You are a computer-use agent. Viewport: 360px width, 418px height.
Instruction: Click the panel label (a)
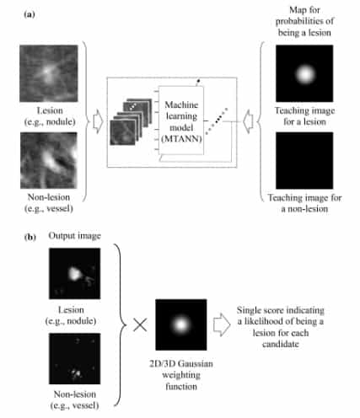click(x=30, y=14)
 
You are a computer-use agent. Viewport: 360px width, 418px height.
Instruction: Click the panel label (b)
click(x=30, y=238)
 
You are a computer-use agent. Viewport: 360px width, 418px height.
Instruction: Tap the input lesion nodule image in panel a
click(x=49, y=73)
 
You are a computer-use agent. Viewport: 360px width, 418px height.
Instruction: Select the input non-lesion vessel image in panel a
click(x=49, y=160)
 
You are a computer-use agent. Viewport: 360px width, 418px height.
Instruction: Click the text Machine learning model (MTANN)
click(x=181, y=121)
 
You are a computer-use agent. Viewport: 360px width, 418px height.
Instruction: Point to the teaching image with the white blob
click(x=304, y=73)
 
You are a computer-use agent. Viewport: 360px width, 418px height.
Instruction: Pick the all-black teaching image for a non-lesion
click(x=304, y=160)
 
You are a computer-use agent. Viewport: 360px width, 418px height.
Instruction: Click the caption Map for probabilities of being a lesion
click(x=304, y=21)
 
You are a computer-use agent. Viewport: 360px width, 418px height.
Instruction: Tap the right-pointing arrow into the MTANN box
click(x=98, y=121)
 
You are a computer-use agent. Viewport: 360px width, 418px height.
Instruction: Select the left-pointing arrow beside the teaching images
click(x=248, y=121)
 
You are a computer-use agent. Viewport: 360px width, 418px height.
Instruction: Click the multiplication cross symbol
click(x=140, y=324)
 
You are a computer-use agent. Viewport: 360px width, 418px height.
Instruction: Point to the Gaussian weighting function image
click(x=181, y=324)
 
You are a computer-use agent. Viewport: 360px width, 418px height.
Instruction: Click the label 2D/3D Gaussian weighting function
click(x=181, y=375)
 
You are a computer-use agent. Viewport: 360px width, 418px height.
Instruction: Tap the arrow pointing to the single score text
click(x=222, y=324)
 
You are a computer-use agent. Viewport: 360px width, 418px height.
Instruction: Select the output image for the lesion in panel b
click(x=74, y=273)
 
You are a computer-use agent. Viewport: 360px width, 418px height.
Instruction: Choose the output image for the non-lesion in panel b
click(x=74, y=359)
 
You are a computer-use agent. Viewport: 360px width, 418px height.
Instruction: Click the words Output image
click(x=74, y=236)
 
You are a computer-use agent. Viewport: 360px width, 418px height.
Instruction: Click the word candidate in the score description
click(x=281, y=344)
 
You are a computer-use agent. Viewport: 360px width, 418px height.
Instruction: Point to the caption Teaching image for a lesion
click(x=304, y=116)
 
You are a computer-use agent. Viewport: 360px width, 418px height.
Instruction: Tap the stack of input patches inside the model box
click(x=131, y=121)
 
